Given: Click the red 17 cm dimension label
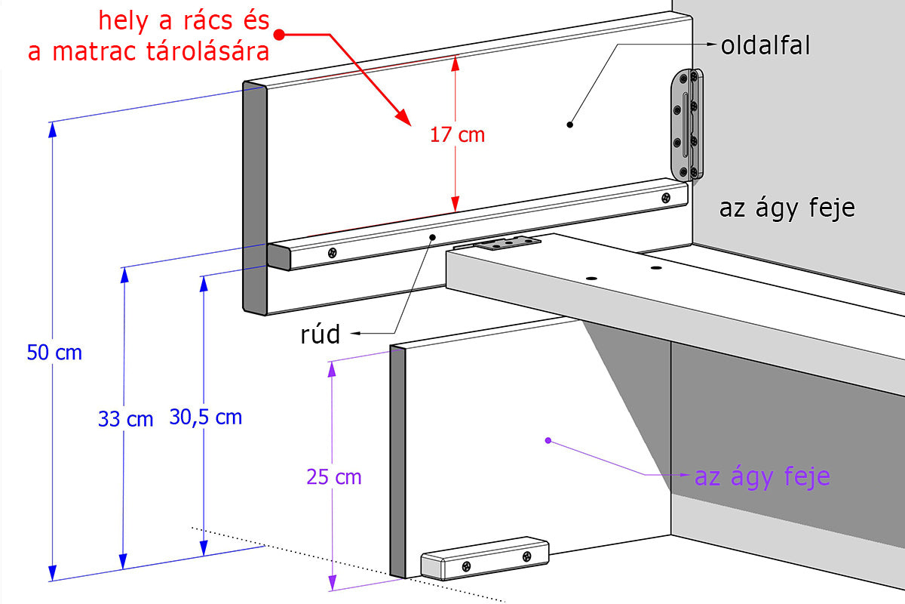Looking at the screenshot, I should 457,135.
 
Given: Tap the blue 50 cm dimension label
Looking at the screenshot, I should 54,353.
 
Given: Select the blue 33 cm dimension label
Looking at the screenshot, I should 125,419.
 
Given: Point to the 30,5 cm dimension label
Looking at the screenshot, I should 206,417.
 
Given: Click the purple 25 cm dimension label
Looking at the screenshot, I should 333,477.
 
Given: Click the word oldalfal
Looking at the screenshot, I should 765,46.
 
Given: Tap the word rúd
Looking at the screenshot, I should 320,334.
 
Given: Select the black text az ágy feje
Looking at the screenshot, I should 787,208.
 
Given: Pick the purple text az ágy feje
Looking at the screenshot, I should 762,477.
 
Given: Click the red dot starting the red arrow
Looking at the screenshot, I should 278,34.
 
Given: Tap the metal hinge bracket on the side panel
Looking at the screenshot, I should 686,125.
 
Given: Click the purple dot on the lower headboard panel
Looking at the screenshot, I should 548,439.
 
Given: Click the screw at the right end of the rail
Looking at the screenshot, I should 665,198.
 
